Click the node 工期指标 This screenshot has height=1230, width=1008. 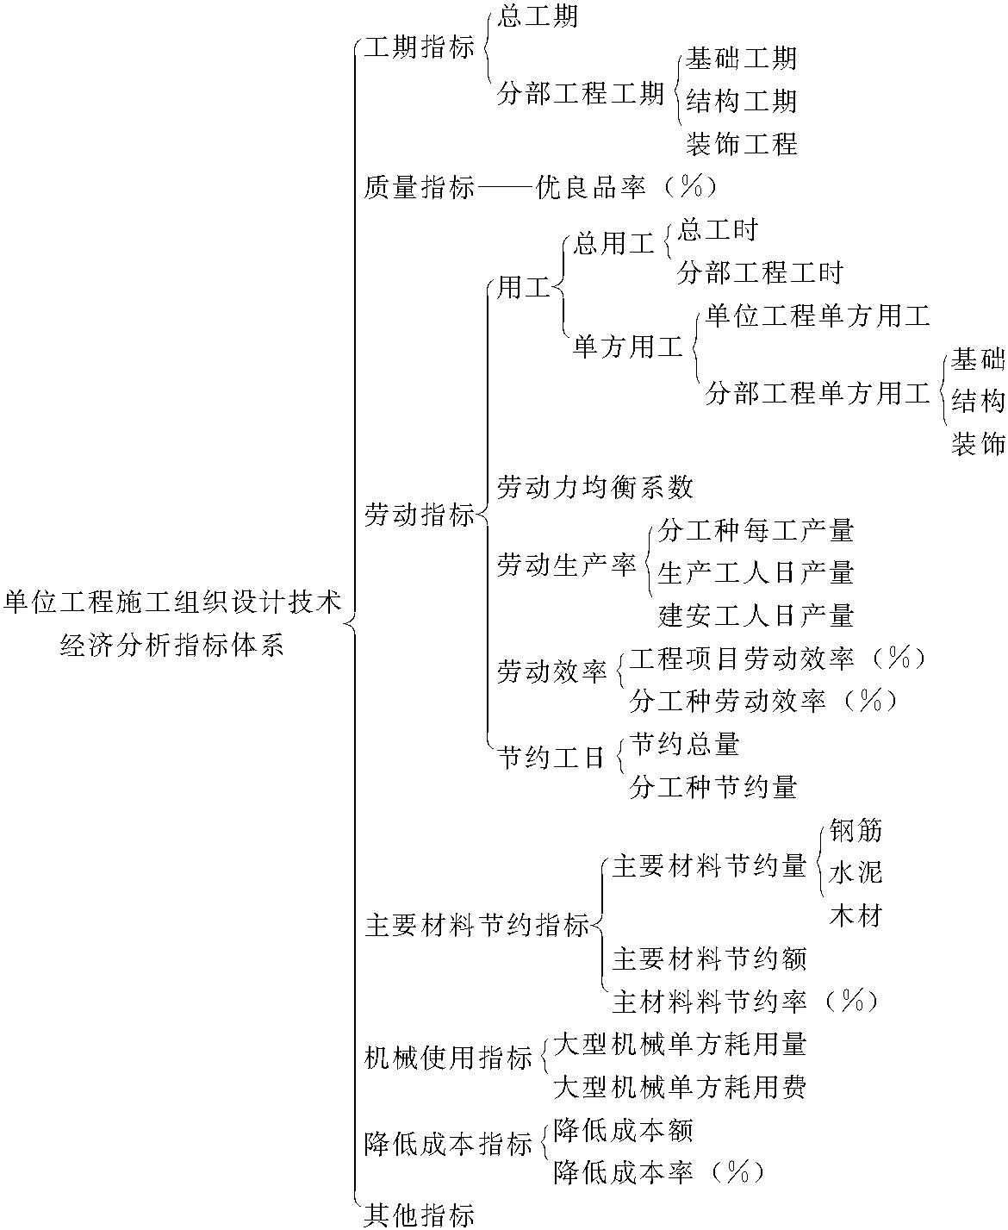click(x=420, y=47)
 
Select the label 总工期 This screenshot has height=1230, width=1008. click(x=538, y=16)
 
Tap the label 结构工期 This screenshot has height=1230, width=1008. click(x=741, y=101)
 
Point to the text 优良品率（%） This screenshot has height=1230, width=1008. click(x=625, y=187)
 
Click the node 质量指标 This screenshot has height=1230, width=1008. click(x=420, y=187)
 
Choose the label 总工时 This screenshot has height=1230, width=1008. click(x=717, y=230)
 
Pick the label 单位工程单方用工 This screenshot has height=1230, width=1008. click(x=818, y=315)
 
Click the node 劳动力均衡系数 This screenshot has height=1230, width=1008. click(x=594, y=487)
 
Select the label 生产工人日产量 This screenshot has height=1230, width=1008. click(x=756, y=572)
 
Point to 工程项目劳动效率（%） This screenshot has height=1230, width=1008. click(x=778, y=659)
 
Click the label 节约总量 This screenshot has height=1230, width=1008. click(x=684, y=744)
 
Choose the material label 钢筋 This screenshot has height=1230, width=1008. click(x=856, y=830)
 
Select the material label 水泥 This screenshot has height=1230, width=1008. click(x=856, y=872)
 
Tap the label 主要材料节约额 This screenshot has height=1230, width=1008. click(x=710, y=958)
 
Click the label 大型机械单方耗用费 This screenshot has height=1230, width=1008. click(x=680, y=1087)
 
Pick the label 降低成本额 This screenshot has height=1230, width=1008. click(x=623, y=1130)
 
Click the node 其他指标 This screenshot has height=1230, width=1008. click(x=420, y=1215)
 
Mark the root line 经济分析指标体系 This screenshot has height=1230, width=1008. click(x=172, y=645)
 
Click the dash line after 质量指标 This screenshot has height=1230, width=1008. click(x=505, y=188)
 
